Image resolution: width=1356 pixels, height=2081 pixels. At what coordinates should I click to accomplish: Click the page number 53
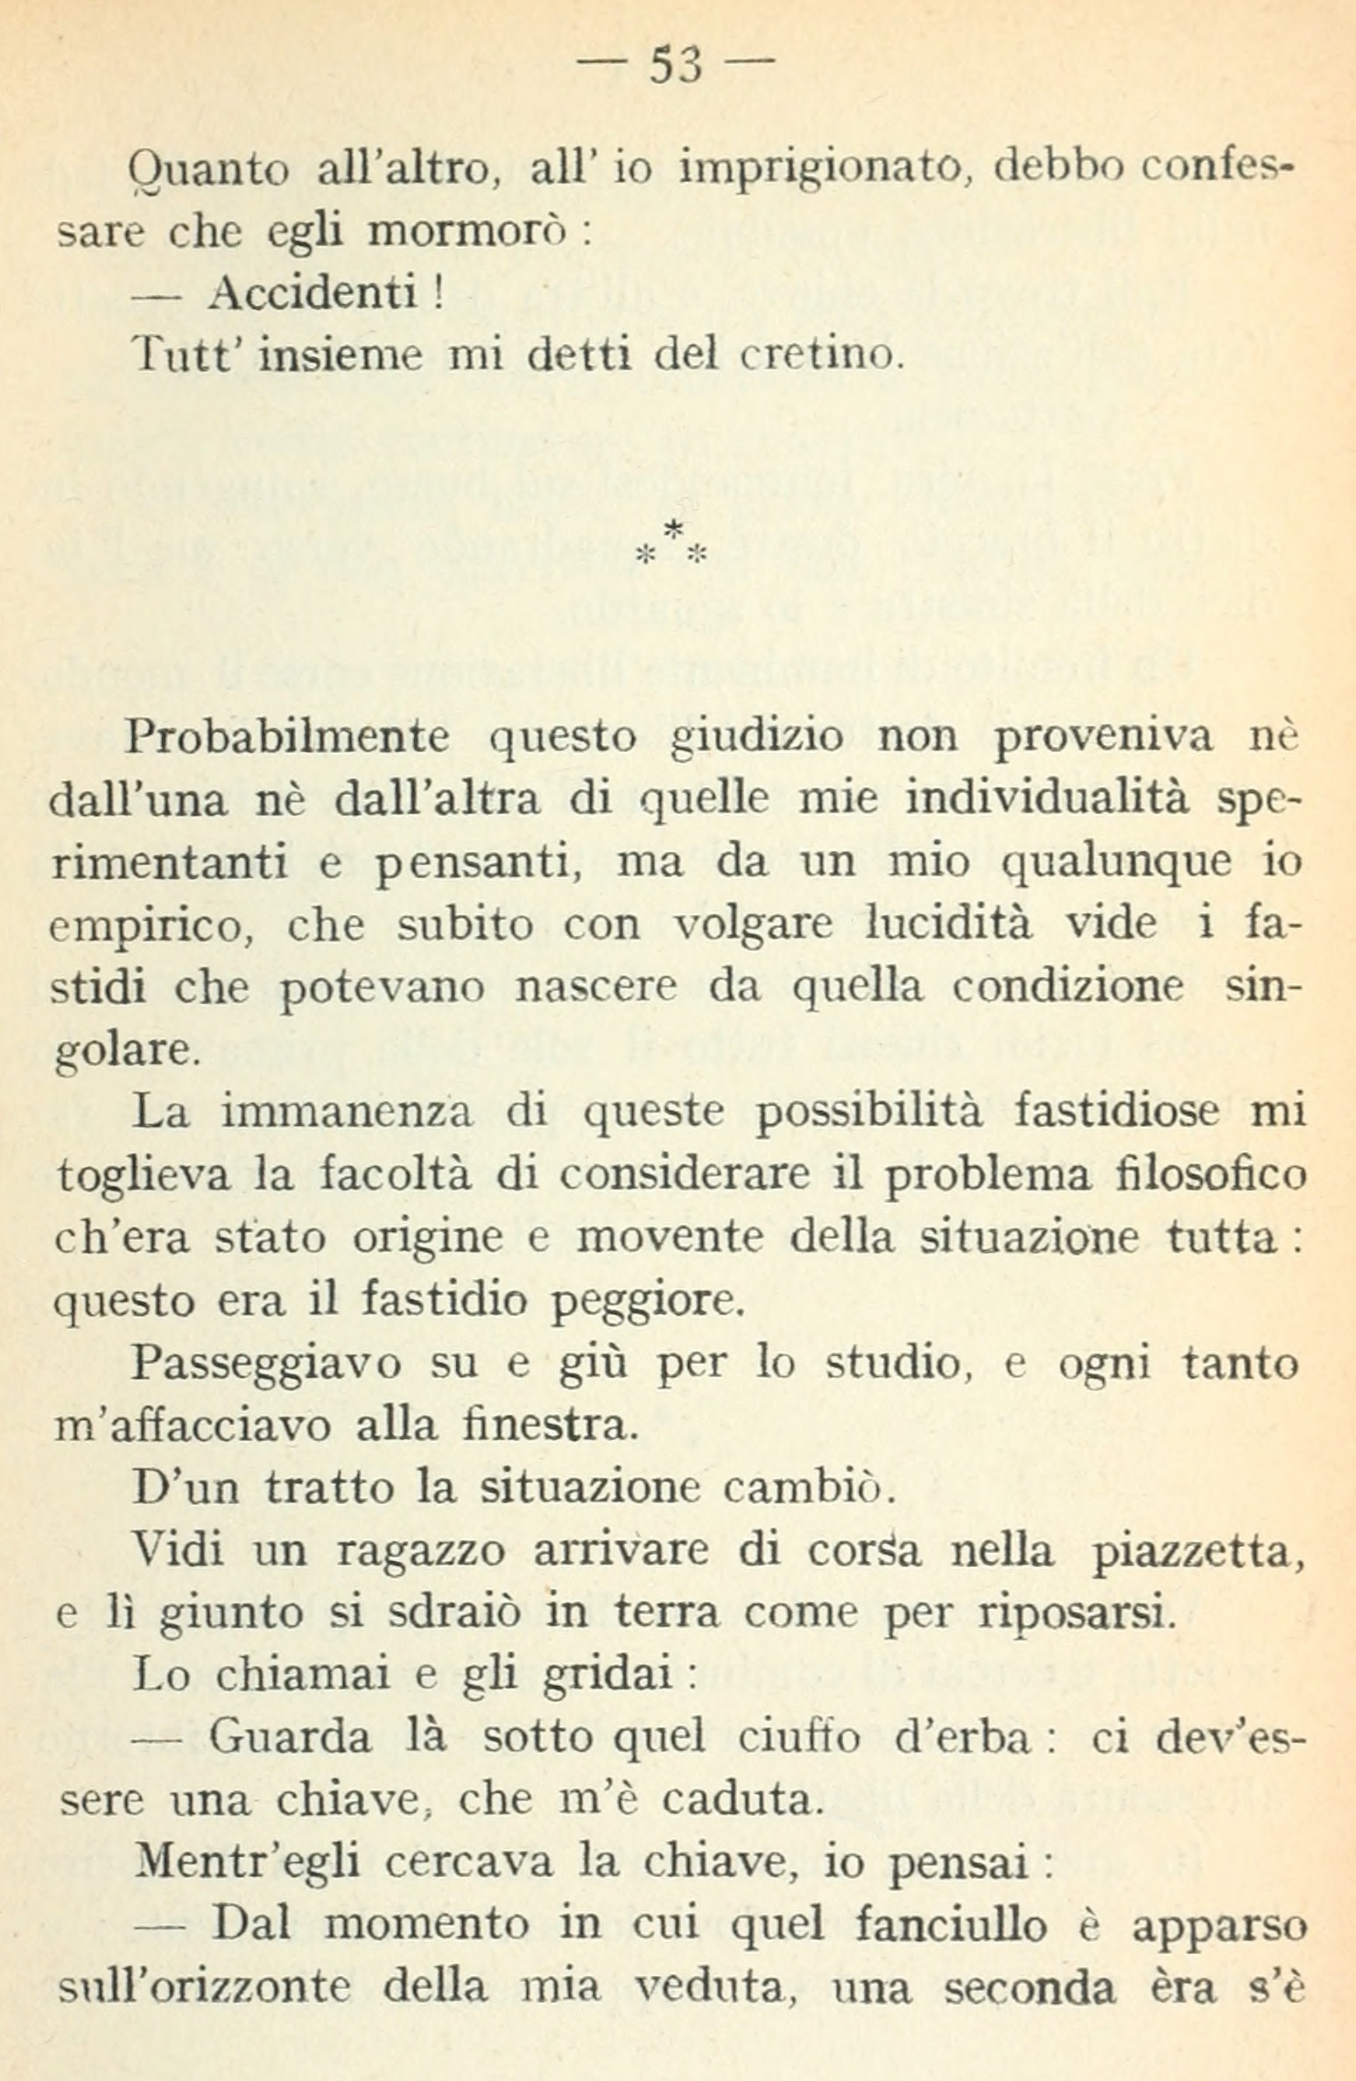pos(677,66)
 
